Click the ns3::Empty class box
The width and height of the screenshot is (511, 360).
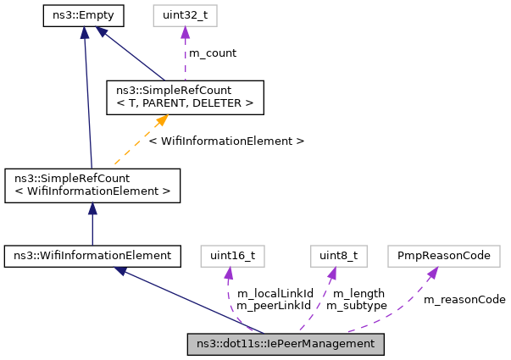pyautogui.click(x=84, y=15)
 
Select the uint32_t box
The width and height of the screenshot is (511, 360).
pyautogui.click(x=185, y=15)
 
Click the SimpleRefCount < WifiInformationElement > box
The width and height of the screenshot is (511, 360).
pyautogui.click(x=92, y=186)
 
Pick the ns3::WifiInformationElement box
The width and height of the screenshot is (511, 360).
pyautogui.click(x=92, y=255)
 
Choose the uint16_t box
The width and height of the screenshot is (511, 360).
pyautogui.click(x=227, y=255)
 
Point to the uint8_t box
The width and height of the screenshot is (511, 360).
pyautogui.click(x=332, y=255)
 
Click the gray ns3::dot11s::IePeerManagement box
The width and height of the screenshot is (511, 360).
pyautogui.click(x=286, y=343)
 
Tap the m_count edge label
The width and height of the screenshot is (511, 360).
pyautogui.click(x=212, y=53)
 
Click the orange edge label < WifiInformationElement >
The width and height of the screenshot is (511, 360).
pyautogui.click(x=225, y=141)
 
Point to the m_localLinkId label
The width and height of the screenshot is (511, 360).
pyautogui.click(x=275, y=293)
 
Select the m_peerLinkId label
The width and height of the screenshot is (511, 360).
pyautogui.click(x=275, y=305)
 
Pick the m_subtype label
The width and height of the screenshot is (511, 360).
pyautogui.click(x=356, y=305)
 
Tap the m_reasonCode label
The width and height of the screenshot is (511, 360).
pyautogui.click(x=464, y=299)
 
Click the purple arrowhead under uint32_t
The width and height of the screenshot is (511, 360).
pyautogui.click(x=185, y=32)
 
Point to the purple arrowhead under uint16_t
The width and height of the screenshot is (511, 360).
pyautogui.click(x=227, y=272)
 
